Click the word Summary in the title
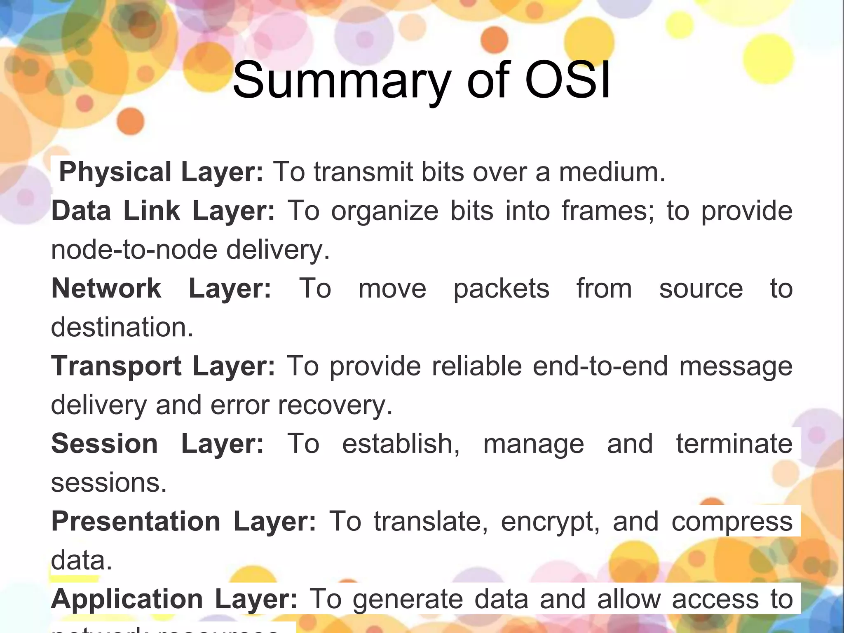pos(341,81)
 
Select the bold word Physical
pos(115,172)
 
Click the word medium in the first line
pos(612,172)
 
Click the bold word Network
pos(106,288)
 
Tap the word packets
pos(502,288)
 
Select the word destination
pos(122,327)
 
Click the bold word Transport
pos(116,366)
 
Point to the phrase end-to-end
pos(600,366)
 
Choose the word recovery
pos(335,405)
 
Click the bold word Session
pos(105,444)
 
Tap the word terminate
pos(734,444)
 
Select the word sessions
pos(108,483)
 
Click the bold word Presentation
pos(136,521)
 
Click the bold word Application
pos(127,599)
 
